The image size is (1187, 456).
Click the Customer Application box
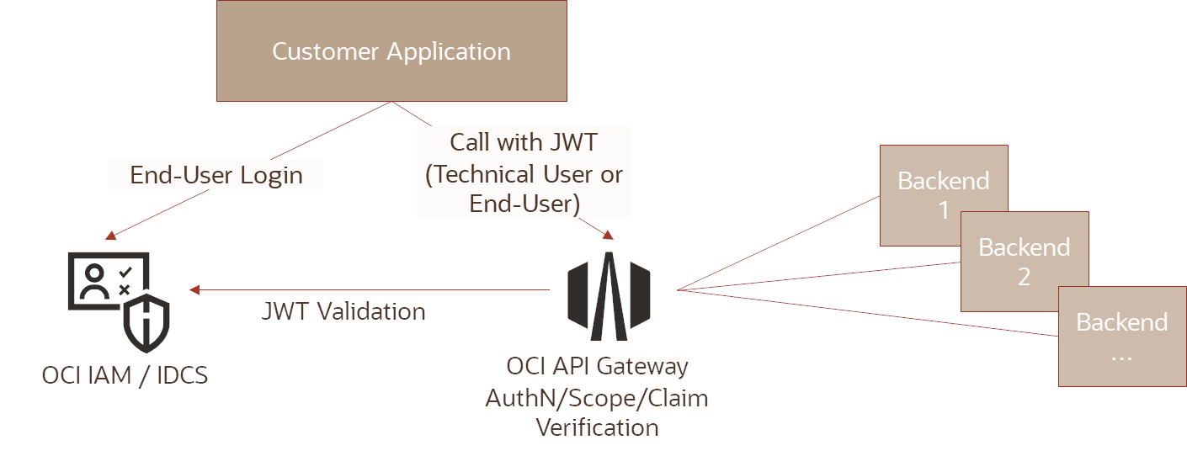(391, 50)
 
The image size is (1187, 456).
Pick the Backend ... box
(1121, 337)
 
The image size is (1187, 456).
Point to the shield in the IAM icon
(146, 322)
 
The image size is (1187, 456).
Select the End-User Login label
(216, 174)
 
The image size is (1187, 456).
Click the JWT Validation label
(343, 311)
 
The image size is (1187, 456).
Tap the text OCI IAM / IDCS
(125, 374)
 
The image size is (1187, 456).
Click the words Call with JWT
(524, 142)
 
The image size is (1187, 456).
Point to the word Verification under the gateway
(598, 427)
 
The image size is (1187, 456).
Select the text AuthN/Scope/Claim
(597, 398)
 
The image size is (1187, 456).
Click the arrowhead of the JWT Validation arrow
(194, 290)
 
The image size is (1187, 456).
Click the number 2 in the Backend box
(1025, 277)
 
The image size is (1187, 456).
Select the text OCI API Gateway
(597, 367)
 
